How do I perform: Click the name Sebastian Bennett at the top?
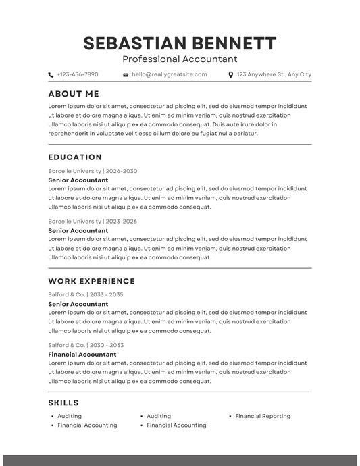[x=180, y=43]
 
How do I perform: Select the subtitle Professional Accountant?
[x=180, y=59]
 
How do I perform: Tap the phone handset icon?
[x=51, y=75]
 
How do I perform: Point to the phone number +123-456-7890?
[x=78, y=74]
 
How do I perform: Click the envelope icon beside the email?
[x=126, y=75]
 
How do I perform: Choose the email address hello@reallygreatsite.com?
[x=170, y=74]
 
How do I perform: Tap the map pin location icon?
[x=231, y=75]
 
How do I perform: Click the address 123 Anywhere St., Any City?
[x=274, y=74]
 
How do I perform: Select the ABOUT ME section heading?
[x=74, y=94]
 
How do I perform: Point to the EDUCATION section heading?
[x=75, y=157]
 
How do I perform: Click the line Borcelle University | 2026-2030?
[x=93, y=171]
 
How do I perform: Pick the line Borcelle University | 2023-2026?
[x=93, y=221]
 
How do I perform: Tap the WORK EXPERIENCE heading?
[x=91, y=281]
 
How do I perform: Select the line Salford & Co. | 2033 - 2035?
[x=86, y=294]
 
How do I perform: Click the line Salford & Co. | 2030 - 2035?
[x=86, y=345]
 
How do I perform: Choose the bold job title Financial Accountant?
[x=82, y=354]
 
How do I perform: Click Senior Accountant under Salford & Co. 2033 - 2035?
[x=78, y=304]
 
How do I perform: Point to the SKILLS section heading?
[x=63, y=403]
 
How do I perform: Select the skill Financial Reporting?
[x=263, y=416]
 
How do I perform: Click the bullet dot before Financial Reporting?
[x=230, y=417]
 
